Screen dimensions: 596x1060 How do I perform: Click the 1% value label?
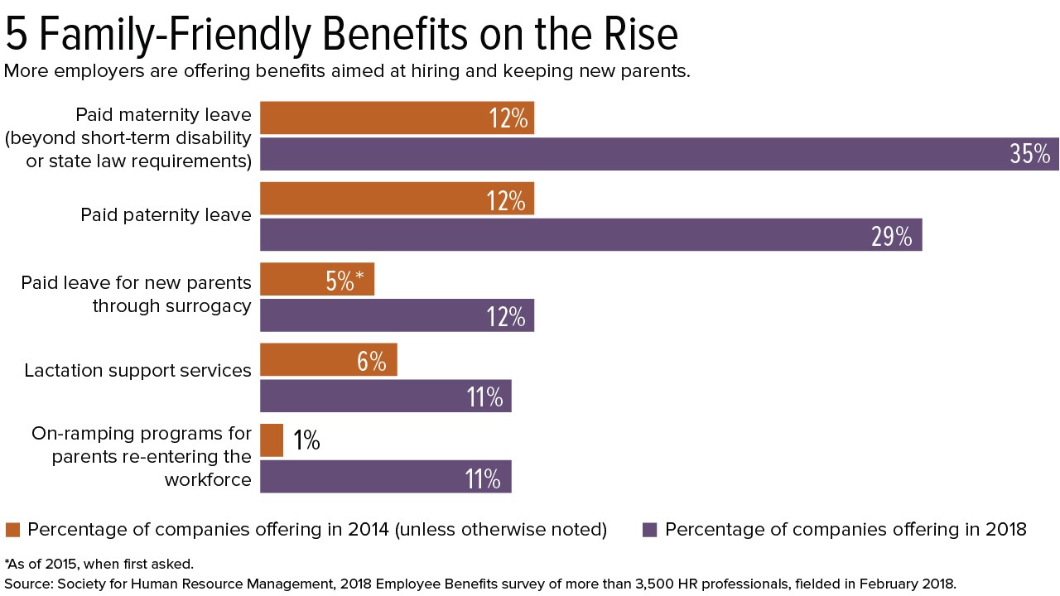tap(306, 441)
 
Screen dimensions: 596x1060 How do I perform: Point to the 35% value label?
tap(1029, 154)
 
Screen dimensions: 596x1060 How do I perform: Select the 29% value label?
tap(891, 236)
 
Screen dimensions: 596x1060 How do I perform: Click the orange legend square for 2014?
tap(12, 530)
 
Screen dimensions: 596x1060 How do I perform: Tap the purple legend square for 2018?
tap(650, 530)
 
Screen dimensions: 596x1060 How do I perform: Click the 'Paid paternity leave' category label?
tap(166, 215)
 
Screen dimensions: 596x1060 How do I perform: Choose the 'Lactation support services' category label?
tap(137, 370)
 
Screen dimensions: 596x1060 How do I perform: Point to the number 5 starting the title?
tap(16, 35)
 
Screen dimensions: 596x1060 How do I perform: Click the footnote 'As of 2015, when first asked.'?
tap(99, 565)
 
